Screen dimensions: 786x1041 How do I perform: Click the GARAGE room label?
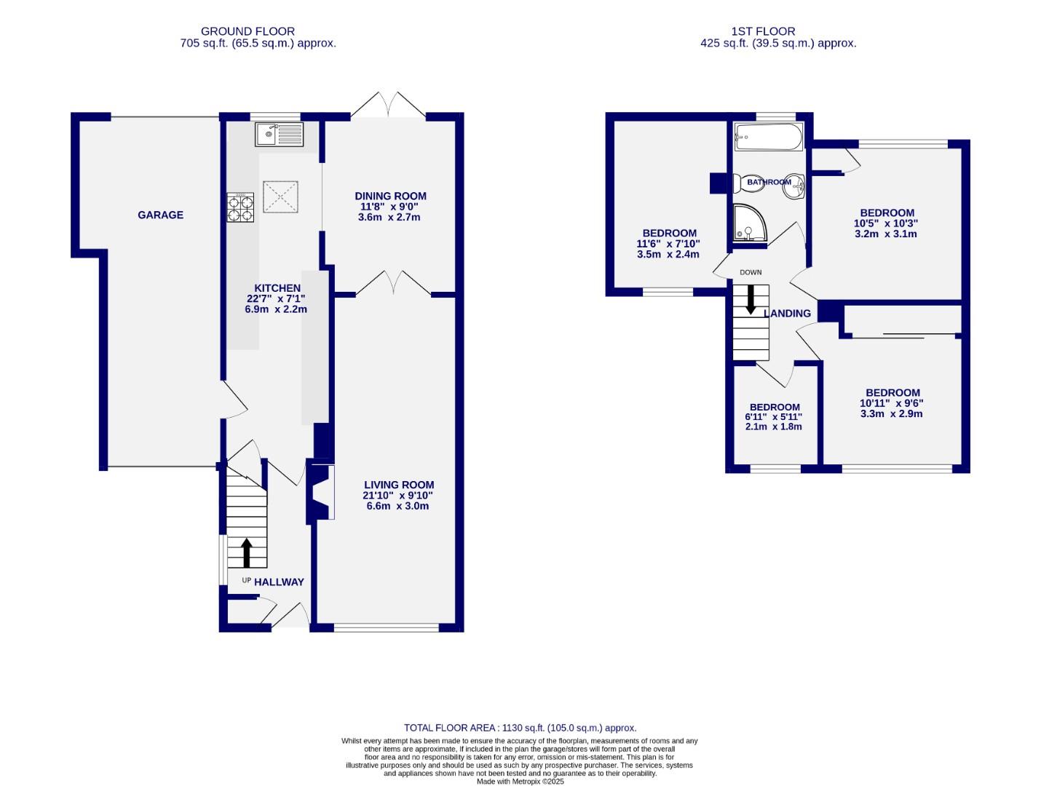(x=160, y=215)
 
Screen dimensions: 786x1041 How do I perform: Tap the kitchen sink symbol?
(x=279, y=134)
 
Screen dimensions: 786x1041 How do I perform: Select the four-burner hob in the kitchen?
(x=241, y=207)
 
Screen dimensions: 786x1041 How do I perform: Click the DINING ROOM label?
(x=390, y=196)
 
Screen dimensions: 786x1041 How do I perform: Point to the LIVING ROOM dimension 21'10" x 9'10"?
(x=398, y=495)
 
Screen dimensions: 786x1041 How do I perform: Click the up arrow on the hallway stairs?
(x=246, y=552)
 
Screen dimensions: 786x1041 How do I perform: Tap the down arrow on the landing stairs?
(x=751, y=299)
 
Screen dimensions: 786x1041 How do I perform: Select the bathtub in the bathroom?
(x=768, y=136)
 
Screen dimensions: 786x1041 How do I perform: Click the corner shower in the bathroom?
(x=748, y=222)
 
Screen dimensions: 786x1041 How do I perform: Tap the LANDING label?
(x=787, y=314)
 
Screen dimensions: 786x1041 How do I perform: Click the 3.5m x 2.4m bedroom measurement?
(x=668, y=255)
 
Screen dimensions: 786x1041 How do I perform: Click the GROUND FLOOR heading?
(x=248, y=31)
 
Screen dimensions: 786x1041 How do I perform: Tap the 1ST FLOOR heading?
(x=763, y=31)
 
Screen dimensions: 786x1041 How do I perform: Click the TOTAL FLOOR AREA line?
(x=520, y=728)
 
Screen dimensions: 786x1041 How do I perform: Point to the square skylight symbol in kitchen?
(x=281, y=196)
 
